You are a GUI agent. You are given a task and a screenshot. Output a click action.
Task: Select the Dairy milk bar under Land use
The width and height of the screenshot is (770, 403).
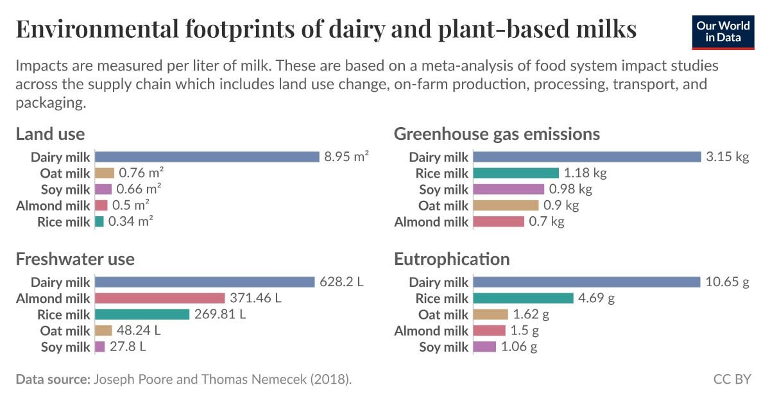[207, 157]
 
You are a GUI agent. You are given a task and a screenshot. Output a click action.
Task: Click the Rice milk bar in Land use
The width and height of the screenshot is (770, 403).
[99, 221]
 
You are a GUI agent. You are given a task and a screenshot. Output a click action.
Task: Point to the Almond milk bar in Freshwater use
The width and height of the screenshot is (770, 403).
[160, 298]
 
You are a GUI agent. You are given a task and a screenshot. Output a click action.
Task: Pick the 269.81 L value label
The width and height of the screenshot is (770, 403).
[220, 314]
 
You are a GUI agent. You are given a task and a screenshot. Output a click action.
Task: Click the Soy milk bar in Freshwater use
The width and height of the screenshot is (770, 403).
[100, 347]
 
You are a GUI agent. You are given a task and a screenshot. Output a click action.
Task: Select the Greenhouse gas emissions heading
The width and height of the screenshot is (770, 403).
[497, 133]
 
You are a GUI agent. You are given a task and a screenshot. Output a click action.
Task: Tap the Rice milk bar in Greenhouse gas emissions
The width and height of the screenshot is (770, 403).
[516, 173]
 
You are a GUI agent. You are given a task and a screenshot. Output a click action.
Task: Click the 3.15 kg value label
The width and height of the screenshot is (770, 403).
[727, 157]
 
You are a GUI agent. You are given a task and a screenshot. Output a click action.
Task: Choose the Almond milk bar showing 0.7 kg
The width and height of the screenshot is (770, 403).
[499, 221]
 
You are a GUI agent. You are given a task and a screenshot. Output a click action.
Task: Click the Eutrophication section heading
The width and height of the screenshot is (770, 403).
[452, 259]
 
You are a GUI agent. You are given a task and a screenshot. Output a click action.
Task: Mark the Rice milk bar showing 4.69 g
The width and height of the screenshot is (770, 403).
[523, 298]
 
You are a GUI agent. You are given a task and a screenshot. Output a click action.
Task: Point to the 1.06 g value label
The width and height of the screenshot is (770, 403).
[518, 347]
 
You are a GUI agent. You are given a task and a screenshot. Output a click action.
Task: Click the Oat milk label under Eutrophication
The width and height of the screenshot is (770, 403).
[443, 314]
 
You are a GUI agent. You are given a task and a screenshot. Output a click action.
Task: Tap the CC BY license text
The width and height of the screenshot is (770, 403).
[732, 379]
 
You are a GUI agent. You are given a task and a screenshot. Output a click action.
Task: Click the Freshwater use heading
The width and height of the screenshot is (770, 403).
[75, 259]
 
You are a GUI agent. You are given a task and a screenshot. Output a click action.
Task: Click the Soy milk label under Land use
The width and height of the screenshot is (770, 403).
[65, 189]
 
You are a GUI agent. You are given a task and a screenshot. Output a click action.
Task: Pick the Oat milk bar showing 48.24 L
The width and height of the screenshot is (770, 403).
[103, 330]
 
